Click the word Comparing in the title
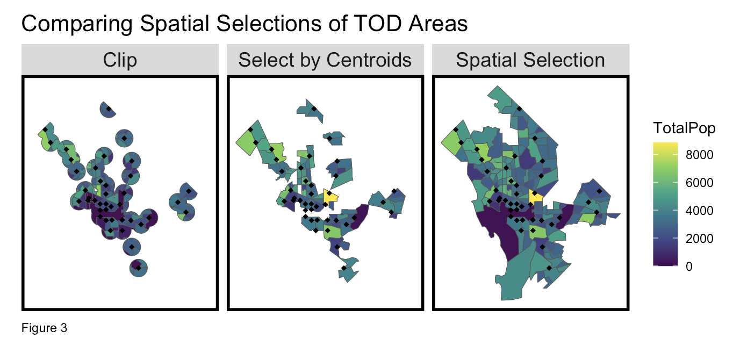77,24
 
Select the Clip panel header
120,60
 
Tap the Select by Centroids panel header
325,60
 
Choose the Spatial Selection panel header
530,60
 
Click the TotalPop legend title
684,128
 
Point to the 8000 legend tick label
699,155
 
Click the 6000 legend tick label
699,183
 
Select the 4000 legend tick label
699,211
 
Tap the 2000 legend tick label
699,239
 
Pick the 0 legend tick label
689,267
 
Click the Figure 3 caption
44,328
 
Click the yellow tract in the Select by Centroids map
329,197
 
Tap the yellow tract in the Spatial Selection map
535,197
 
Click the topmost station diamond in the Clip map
109,109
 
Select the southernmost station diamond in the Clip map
139,268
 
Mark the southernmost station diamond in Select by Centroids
343,268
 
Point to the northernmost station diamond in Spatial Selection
519,109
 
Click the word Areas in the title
438,24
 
